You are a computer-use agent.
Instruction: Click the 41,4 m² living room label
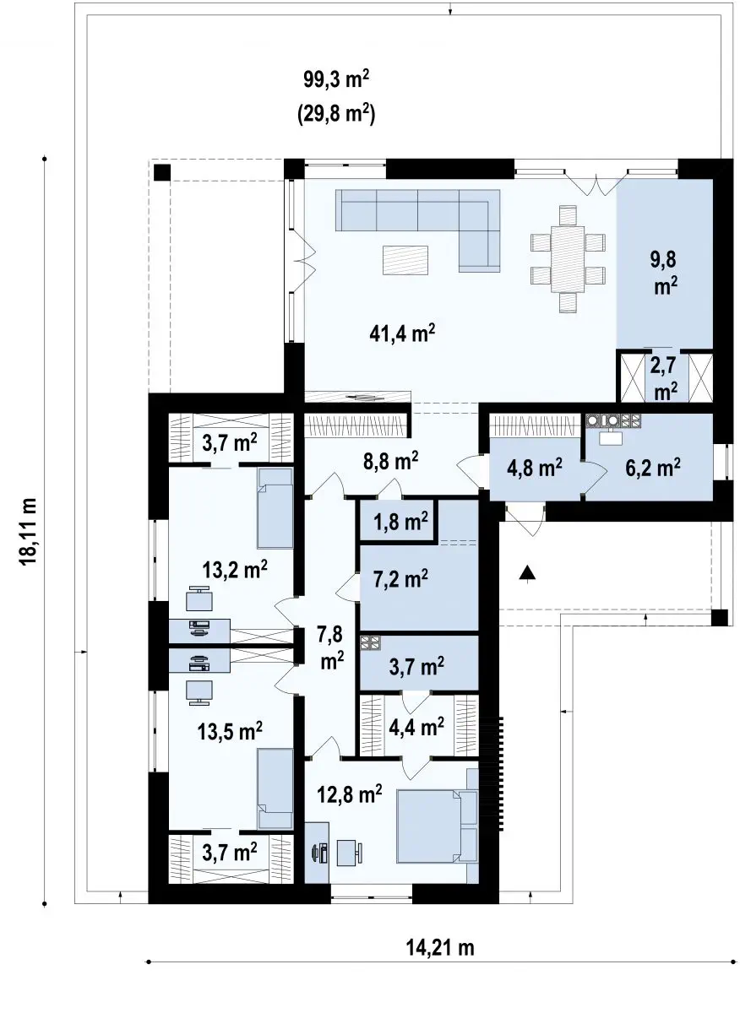click(x=402, y=333)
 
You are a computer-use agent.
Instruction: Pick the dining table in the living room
click(x=568, y=259)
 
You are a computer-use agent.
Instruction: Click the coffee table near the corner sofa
click(x=405, y=260)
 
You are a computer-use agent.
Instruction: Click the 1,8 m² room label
click(x=400, y=522)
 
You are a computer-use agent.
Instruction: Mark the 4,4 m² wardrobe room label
click(x=416, y=727)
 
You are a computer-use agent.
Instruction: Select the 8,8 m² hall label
click(x=390, y=460)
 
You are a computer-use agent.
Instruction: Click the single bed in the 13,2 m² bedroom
click(x=275, y=508)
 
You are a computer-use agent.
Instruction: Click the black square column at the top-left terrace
click(x=162, y=173)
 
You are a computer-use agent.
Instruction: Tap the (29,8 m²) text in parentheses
click(x=336, y=116)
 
